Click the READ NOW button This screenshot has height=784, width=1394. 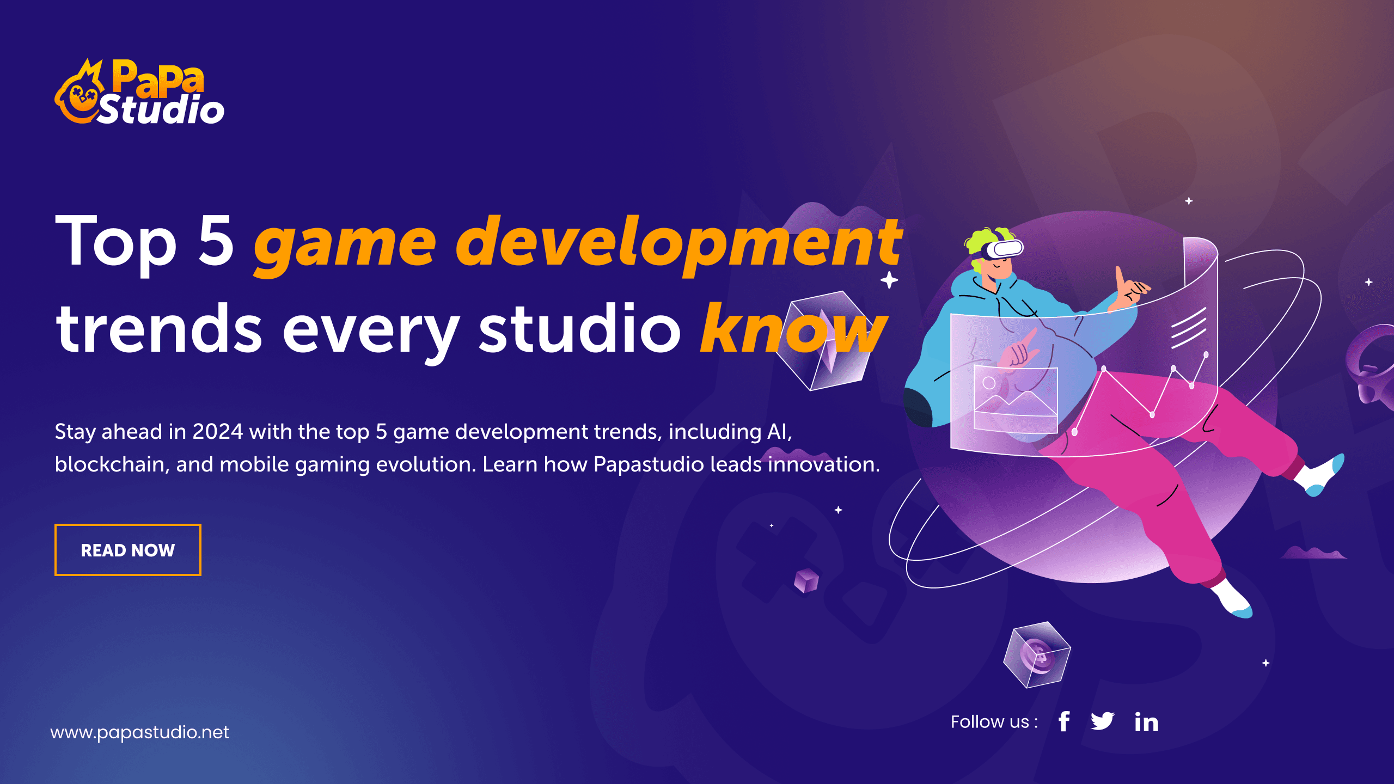(128, 550)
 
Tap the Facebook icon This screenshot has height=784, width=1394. (1064, 721)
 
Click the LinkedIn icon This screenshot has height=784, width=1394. (1146, 721)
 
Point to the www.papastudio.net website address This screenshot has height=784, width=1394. (139, 733)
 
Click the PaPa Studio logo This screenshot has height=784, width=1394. (139, 91)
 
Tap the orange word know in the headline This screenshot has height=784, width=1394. (794, 328)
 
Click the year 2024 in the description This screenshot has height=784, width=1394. (217, 432)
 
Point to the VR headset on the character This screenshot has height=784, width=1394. (1004, 249)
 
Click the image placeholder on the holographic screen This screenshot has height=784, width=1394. (1016, 400)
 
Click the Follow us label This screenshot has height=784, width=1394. (994, 722)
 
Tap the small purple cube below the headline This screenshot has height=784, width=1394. (806, 580)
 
